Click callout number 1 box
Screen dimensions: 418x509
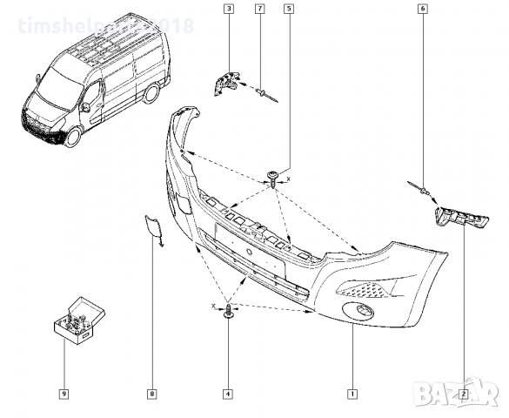[352, 394]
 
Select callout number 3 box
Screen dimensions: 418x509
[228, 10]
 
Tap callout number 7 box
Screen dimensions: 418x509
[259, 10]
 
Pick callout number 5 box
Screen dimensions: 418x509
[288, 10]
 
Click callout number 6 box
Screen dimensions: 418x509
[423, 10]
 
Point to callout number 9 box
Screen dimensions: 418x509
[64, 394]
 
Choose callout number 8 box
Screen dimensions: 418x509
[151, 394]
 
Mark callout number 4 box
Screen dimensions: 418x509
[228, 394]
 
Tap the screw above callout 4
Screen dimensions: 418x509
[229, 312]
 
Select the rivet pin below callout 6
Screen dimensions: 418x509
[419, 190]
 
